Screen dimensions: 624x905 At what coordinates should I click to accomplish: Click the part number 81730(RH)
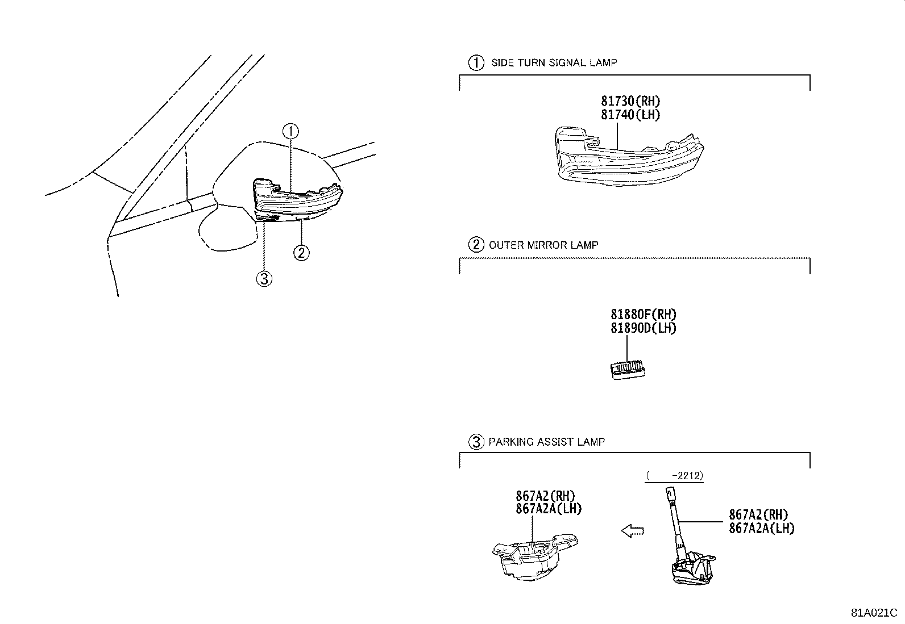(630, 101)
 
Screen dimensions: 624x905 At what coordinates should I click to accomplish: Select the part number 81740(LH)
(630, 115)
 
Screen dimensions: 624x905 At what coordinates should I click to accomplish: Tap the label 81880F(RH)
(644, 314)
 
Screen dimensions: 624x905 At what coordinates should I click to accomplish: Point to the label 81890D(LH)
(644, 328)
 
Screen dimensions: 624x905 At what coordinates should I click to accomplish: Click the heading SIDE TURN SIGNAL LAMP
(554, 63)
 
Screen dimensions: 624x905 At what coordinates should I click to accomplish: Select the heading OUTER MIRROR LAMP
(543, 245)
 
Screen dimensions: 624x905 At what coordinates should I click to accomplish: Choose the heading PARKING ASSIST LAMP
(546, 442)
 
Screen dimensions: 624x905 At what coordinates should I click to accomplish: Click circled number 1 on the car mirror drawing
(290, 132)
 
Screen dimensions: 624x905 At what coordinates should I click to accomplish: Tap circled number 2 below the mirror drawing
(301, 252)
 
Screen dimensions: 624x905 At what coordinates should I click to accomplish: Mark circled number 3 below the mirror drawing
(264, 278)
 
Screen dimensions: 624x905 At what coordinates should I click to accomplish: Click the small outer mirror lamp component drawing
(628, 370)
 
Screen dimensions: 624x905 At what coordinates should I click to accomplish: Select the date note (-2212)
(674, 476)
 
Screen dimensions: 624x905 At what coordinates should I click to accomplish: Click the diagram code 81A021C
(873, 613)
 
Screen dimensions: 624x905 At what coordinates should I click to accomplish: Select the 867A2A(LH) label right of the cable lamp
(762, 529)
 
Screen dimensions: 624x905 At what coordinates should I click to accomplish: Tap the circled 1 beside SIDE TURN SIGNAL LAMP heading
(475, 63)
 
